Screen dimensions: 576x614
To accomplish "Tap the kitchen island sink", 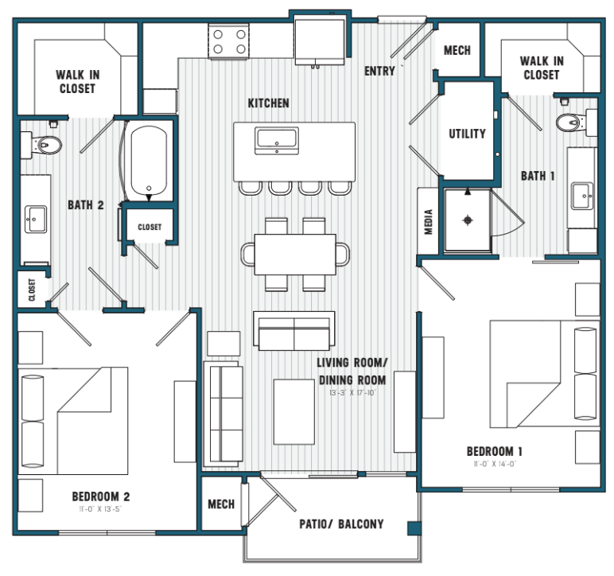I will click(277, 141).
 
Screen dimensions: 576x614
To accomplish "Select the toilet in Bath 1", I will click(570, 123).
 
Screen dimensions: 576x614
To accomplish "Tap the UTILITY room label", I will click(467, 134).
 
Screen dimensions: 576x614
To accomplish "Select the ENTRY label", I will click(379, 72).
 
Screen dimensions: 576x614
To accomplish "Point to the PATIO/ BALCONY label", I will click(341, 524).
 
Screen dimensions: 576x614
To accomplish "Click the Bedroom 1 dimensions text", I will click(495, 465).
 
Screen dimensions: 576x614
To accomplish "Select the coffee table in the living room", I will click(294, 411).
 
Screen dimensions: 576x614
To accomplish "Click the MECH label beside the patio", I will click(221, 504).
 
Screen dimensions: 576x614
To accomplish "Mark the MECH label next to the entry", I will click(457, 51).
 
